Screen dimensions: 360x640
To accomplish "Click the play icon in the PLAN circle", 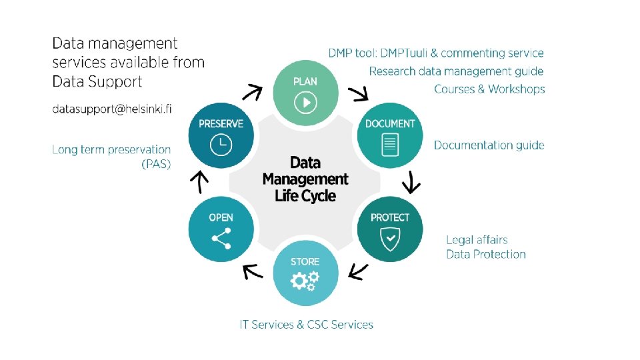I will [x=305, y=102].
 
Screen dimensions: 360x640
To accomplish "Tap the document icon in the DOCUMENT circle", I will [x=390, y=145].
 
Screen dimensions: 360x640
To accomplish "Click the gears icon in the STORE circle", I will [x=305, y=281].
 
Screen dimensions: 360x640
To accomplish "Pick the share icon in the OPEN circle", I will [x=221, y=239].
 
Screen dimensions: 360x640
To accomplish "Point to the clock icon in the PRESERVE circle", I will [x=221, y=145].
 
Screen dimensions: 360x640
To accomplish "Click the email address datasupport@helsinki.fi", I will [x=112, y=109].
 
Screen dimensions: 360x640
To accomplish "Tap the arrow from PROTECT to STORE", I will [x=359, y=271].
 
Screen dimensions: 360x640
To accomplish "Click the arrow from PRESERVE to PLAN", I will [x=251, y=92].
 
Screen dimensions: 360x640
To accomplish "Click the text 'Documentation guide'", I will [x=489, y=145].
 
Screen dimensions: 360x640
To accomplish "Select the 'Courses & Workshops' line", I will [x=489, y=89].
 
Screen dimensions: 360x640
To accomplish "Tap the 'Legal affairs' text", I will [x=477, y=240].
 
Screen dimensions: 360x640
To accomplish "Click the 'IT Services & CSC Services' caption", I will [x=307, y=325].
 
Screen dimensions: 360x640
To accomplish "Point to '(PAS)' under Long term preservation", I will [x=156, y=164].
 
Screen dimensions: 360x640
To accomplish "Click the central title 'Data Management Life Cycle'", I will [x=305, y=179].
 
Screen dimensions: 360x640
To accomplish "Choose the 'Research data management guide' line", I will [x=456, y=71].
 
